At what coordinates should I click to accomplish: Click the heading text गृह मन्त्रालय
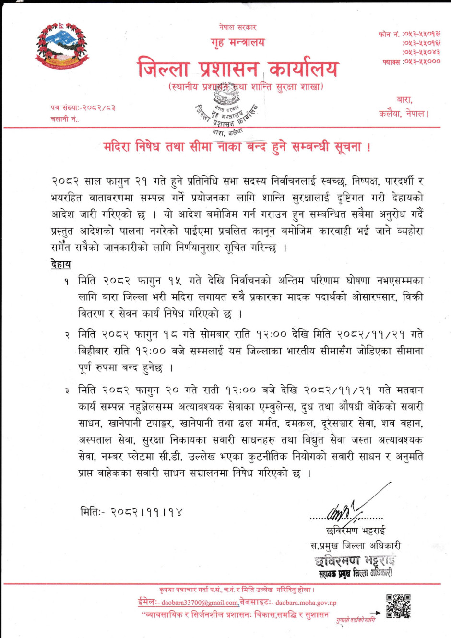coord(237,42)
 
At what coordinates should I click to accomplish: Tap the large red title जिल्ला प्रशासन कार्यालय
coord(238,68)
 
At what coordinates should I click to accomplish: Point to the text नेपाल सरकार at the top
coord(237,27)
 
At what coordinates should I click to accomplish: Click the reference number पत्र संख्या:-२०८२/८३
coord(83,108)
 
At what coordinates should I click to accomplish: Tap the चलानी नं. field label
coord(64,119)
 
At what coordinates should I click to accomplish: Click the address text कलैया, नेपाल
coord(404,114)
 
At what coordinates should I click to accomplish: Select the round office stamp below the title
coord(227,111)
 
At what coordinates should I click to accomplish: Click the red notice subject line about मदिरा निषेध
coord(237,146)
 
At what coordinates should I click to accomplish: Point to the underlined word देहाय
coord(61,264)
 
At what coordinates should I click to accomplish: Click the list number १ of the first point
coord(67,281)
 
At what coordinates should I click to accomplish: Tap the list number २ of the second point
coord(67,335)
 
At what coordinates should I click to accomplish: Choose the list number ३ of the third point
coord(67,391)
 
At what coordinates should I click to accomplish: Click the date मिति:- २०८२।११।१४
coord(131,512)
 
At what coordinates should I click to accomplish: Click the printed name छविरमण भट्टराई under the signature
coord(355,531)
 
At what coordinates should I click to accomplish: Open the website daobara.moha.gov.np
coord(306,603)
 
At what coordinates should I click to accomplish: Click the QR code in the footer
coord(398,606)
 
